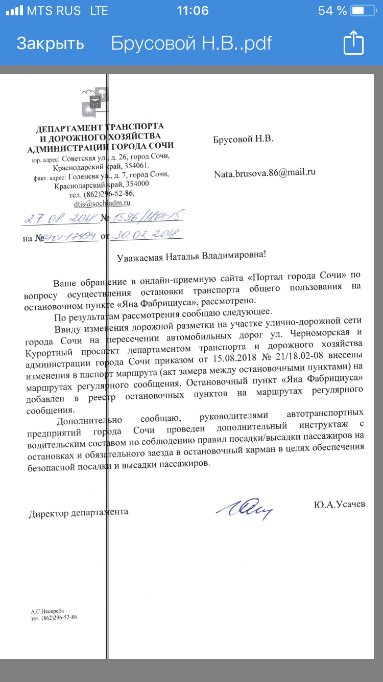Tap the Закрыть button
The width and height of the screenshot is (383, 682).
[x=50, y=43]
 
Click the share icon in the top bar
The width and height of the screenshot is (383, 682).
[x=353, y=42]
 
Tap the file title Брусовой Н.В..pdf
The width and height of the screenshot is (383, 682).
[x=192, y=43]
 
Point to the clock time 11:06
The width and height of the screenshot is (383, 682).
[x=192, y=11]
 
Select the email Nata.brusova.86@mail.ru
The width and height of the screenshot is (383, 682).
[x=265, y=173]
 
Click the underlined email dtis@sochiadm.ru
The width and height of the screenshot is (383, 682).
[x=102, y=203]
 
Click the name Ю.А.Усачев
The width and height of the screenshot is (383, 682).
[x=340, y=505]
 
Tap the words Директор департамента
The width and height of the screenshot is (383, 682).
[x=79, y=512]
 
